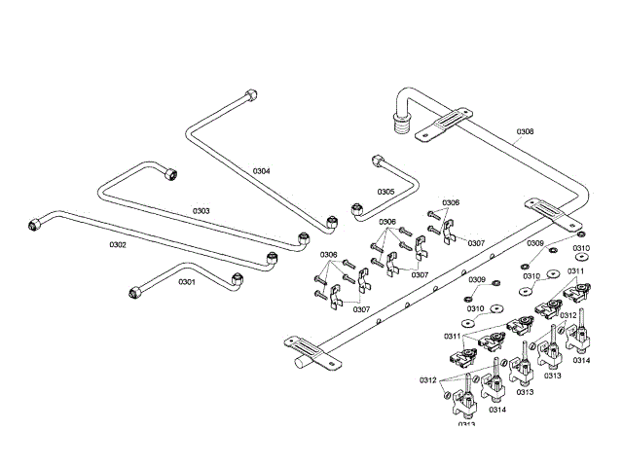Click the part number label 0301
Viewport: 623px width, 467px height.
[x=186, y=282]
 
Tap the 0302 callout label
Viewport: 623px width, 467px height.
[x=117, y=245]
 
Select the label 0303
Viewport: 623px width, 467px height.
[x=201, y=210]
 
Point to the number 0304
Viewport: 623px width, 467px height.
[x=261, y=170]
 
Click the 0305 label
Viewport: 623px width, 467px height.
[x=385, y=192]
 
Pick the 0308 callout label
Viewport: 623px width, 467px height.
[x=525, y=131]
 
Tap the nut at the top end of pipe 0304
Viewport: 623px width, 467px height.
[x=251, y=95]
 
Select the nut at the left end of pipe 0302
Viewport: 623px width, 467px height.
[x=36, y=224]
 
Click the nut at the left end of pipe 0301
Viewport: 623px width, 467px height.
[x=135, y=291]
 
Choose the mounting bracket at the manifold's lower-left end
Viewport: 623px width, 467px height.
[x=301, y=342]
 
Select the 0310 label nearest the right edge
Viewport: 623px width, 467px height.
[x=581, y=248]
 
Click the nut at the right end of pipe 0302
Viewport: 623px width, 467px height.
[x=272, y=259]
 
